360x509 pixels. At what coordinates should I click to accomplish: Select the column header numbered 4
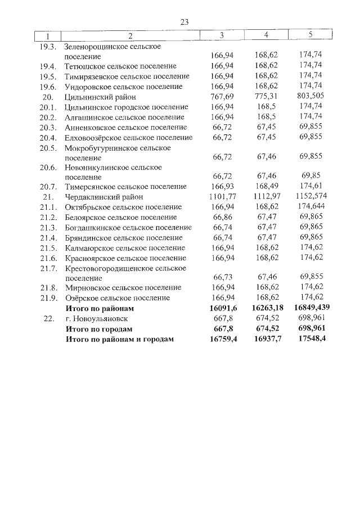click(266, 35)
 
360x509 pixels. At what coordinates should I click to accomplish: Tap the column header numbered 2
click(130, 36)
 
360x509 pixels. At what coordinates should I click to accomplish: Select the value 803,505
click(311, 97)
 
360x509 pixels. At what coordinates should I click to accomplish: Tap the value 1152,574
click(311, 197)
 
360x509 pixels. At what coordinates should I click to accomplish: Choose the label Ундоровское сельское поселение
click(124, 87)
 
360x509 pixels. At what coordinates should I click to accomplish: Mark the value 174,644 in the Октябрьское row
click(311, 207)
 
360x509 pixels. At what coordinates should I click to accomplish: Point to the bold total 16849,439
click(311, 308)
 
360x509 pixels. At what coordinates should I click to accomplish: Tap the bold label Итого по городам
click(99, 328)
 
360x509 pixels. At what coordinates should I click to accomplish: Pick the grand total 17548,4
click(311, 339)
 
